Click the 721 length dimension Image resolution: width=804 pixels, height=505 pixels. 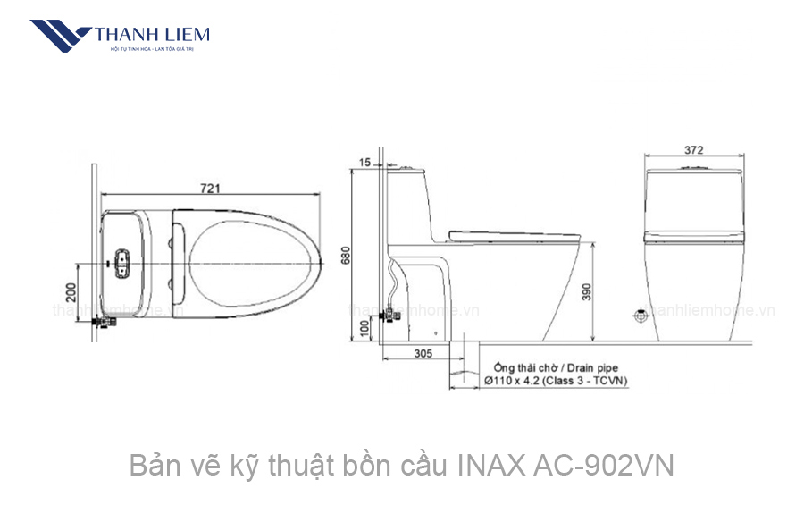pos(209,188)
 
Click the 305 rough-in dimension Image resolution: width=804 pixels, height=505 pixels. pos(423,353)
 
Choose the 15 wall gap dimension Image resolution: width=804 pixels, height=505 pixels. pos(364,162)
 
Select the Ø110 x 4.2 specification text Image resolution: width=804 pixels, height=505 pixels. pos(518,381)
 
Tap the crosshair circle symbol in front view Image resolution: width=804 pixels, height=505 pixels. pos(641,315)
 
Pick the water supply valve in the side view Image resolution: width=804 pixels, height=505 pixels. pos(389,314)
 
